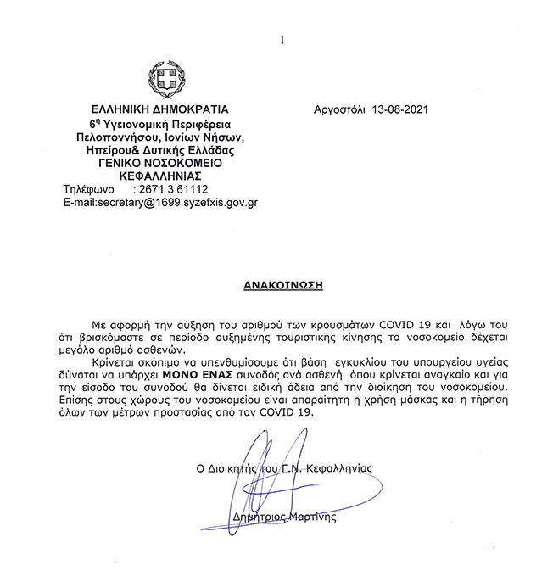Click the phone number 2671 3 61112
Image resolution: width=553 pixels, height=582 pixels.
(176, 190)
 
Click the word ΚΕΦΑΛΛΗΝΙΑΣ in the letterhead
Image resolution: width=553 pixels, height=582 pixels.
(159, 176)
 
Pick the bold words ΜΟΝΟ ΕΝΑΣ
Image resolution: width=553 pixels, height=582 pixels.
(204, 374)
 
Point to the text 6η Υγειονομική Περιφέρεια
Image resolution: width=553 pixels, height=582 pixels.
(159, 124)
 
